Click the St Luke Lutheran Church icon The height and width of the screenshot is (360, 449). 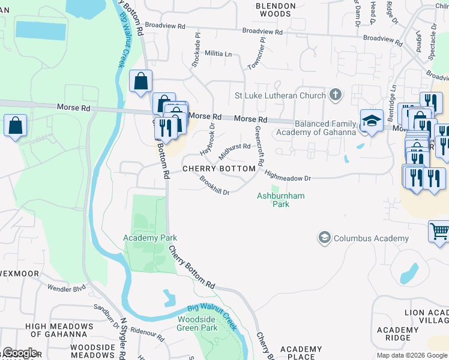pos(335,95)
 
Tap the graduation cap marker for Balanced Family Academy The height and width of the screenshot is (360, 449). pos(372,121)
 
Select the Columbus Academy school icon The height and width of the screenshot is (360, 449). pos(325,238)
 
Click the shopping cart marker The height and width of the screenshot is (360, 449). pos(439,230)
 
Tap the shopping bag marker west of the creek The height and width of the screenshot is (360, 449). pos(16,125)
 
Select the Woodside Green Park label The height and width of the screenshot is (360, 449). pos(197,324)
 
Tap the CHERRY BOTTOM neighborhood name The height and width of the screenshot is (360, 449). pos(219,169)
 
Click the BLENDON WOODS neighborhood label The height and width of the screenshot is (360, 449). pos(276,10)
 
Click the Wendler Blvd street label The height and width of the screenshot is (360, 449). pos(67,289)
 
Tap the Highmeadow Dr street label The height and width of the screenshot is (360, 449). pos(288,176)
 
